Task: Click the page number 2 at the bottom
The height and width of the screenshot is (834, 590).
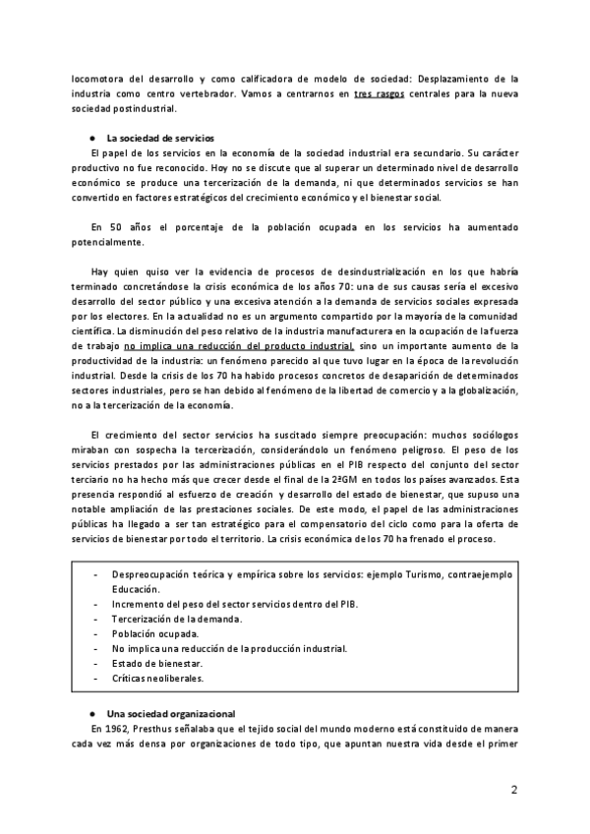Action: click(514, 790)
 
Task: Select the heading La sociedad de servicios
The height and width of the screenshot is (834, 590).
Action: click(160, 137)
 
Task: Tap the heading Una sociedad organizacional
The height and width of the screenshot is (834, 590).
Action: click(170, 712)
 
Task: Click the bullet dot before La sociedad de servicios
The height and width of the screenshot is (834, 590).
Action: click(91, 138)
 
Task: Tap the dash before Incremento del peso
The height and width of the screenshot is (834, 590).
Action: click(94, 605)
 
